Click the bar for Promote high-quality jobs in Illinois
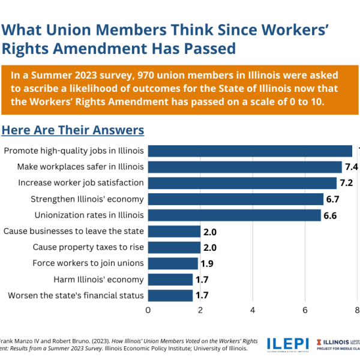(x=250, y=151)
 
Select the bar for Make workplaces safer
(x=244, y=167)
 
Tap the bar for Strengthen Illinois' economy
(x=235, y=199)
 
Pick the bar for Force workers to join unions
(x=173, y=263)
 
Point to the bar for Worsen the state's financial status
(x=170, y=295)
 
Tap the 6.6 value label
(x=331, y=215)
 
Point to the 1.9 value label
(x=207, y=263)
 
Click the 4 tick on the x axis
(x=253, y=310)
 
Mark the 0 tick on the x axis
(x=148, y=310)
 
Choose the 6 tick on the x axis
(x=305, y=310)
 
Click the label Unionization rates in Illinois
(x=89, y=215)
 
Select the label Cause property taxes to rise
(x=88, y=247)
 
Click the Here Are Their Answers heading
(x=73, y=130)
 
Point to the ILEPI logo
(x=287, y=343)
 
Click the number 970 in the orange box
(x=148, y=76)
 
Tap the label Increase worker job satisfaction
(x=81, y=182)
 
